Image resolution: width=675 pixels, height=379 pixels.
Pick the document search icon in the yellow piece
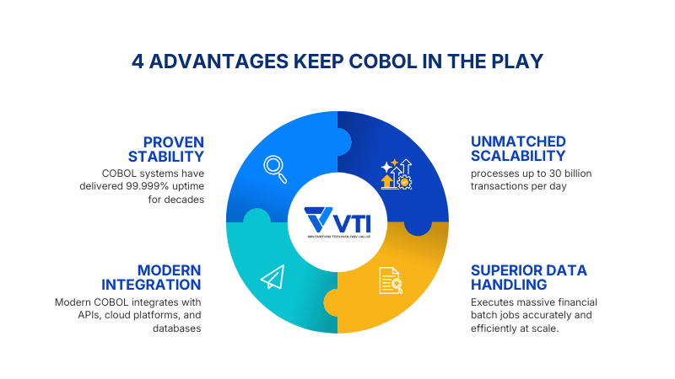pyautogui.click(x=391, y=280)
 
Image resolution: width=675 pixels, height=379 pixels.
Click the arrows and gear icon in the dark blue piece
pyautogui.click(x=395, y=173)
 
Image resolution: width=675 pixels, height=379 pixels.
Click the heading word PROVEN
pyautogui.click(x=174, y=141)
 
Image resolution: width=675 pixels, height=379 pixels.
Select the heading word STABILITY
pyautogui.click(x=166, y=157)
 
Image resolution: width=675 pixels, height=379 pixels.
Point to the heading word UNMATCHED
pyautogui.click(x=518, y=141)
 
